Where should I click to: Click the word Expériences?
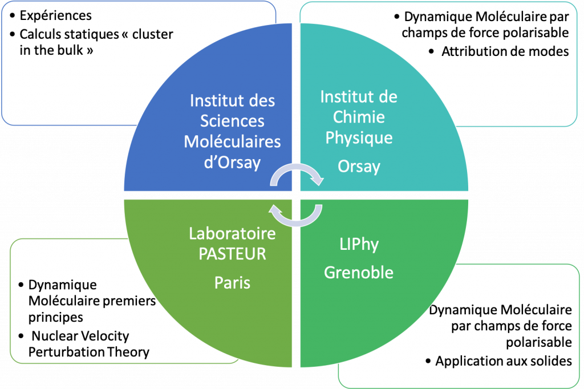coord(55,15)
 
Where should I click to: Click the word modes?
coord(549,51)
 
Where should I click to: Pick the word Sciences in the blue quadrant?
coord(233,121)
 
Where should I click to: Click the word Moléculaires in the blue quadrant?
coord(233,141)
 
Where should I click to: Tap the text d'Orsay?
coord(233,163)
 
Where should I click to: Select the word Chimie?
coord(359,117)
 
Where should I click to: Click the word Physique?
coord(359,138)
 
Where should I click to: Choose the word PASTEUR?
coord(233,254)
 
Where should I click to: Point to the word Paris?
coord(233,283)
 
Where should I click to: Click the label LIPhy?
coord(359,245)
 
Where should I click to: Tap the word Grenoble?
coord(359,273)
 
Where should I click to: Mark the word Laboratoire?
coord(233,234)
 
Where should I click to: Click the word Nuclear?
coord(52,336)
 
